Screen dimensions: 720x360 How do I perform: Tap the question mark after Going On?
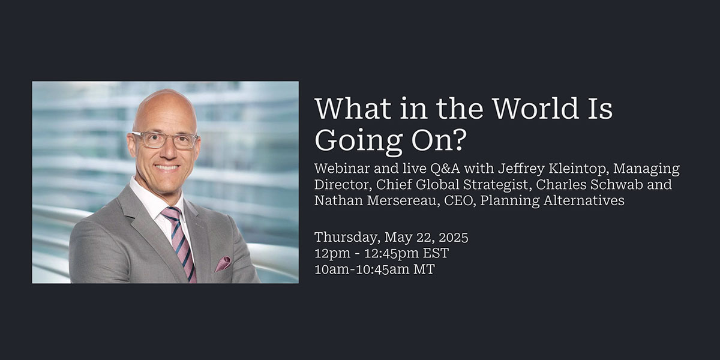click(x=458, y=140)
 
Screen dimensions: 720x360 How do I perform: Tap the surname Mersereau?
click(x=404, y=200)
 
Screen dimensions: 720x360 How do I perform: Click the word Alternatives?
click(x=584, y=200)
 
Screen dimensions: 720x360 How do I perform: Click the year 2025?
click(x=454, y=238)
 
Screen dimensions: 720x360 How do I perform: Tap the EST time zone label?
click(x=436, y=253)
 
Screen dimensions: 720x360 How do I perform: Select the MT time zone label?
click(x=424, y=269)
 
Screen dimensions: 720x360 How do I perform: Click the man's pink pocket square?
click(x=223, y=263)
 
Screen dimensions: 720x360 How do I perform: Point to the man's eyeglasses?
click(x=165, y=140)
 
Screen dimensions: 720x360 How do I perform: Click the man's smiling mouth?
click(x=167, y=167)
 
